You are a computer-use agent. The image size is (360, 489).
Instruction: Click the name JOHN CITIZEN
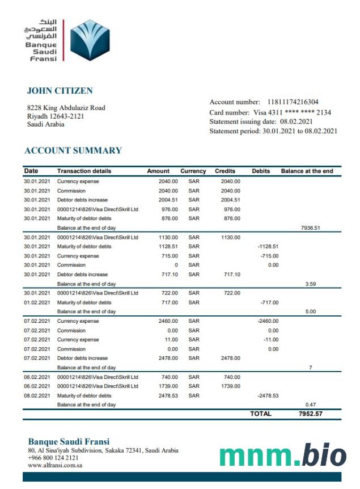click(60, 91)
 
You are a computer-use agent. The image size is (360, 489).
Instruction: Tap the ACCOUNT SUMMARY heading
click(73, 150)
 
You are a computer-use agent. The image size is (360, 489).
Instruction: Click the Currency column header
click(193, 171)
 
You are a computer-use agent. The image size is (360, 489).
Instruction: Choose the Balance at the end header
click(307, 171)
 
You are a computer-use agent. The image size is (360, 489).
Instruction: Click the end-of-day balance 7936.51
click(310, 228)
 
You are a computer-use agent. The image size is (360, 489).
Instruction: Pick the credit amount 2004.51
click(230, 200)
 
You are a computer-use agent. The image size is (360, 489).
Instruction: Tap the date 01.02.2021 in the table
click(37, 302)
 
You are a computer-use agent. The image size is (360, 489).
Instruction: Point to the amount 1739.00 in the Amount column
click(168, 386)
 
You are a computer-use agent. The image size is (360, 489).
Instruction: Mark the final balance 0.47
click(310, 404)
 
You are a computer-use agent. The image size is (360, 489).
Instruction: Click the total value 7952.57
click(310, 414)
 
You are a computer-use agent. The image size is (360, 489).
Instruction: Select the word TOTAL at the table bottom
click(261, 414)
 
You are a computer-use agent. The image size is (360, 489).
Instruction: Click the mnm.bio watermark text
click(282, 456)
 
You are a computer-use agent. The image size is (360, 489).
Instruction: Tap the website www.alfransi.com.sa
click(56, 465)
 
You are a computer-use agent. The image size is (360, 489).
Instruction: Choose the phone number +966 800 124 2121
click(53, 458)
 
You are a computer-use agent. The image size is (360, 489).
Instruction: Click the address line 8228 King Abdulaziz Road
click(66, 108)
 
